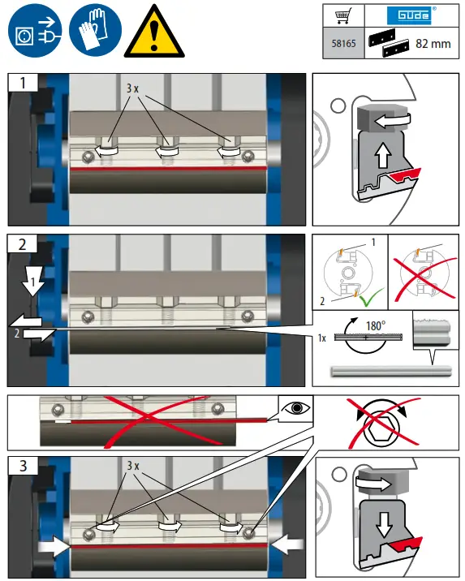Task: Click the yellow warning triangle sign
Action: click(x=154, y=32)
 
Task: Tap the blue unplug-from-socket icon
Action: click(x=35, y=30)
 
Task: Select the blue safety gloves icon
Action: click(x=95, y=30)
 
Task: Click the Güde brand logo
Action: click(x=411, y=15)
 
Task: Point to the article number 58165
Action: click(x=343, y=43)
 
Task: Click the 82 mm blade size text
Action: click(x=433, y=44)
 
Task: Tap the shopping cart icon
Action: click(x=343, y=16)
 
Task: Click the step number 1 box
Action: click(x=23, y=82)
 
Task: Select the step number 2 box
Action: click(x=23, y=244)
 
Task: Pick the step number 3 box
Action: click(x=23, y=466)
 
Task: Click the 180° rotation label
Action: click(x=376, y=325)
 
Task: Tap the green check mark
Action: click(x=372, y=297)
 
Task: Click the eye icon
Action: click(x=295, y=408)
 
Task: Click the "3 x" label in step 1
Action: click(x=132, y=88)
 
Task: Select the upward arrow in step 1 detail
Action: click(x=383, y=156)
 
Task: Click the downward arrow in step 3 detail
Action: click(x=384, y=524)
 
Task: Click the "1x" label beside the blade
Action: click(x=321, y=338)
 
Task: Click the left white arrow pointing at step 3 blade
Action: click(x=54, y=546)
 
